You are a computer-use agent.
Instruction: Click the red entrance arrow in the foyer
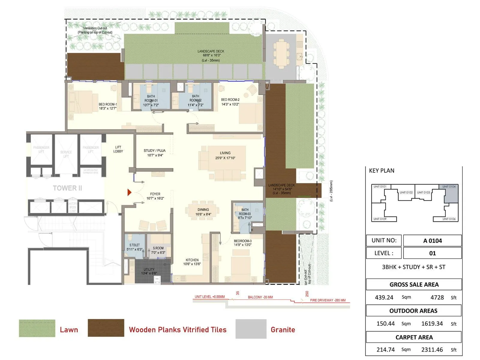click(129, 192)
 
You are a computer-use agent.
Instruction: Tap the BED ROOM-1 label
click(108, 106)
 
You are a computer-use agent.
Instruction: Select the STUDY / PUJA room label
click(154, 153)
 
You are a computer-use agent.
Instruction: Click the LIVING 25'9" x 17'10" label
click(225, 155)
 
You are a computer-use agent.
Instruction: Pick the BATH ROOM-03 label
click(245, 214)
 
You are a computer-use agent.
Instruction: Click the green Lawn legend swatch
click(37, 328)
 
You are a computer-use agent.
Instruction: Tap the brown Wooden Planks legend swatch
click(106, 328)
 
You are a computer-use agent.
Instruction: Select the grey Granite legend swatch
click(251, 329)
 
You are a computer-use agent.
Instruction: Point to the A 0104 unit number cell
click(432, 241)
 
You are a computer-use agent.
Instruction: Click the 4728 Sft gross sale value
click(437, 297)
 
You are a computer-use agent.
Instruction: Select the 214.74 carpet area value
click(385, 349)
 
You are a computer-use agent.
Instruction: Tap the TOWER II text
click(67, 188)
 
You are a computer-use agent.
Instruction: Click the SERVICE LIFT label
click(66, 154)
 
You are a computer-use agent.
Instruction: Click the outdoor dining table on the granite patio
click(281, 54)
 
